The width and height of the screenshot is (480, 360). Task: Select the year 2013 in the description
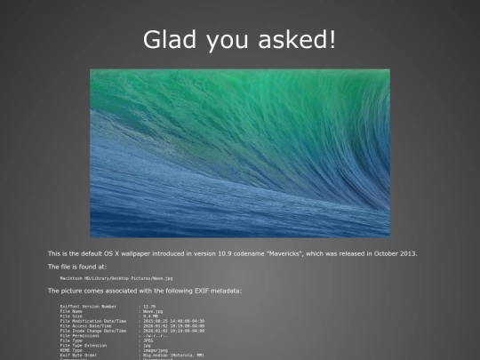406,253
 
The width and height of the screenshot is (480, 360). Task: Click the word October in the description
377,253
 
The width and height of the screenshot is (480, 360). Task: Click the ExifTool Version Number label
88,306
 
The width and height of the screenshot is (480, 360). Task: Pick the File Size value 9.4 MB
151,316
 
